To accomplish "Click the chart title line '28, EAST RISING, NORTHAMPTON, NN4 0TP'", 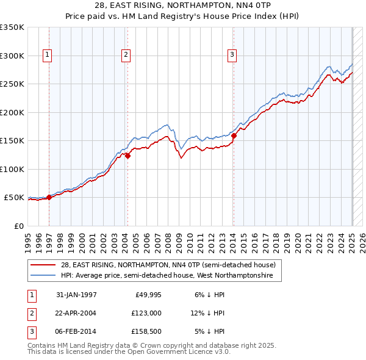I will click(182, 5).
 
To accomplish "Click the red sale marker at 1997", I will click(49, 197).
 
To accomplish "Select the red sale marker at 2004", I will click(127, 156).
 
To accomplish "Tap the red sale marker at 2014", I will click(234, 135).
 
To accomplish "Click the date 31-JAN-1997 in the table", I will click(76, 295).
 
